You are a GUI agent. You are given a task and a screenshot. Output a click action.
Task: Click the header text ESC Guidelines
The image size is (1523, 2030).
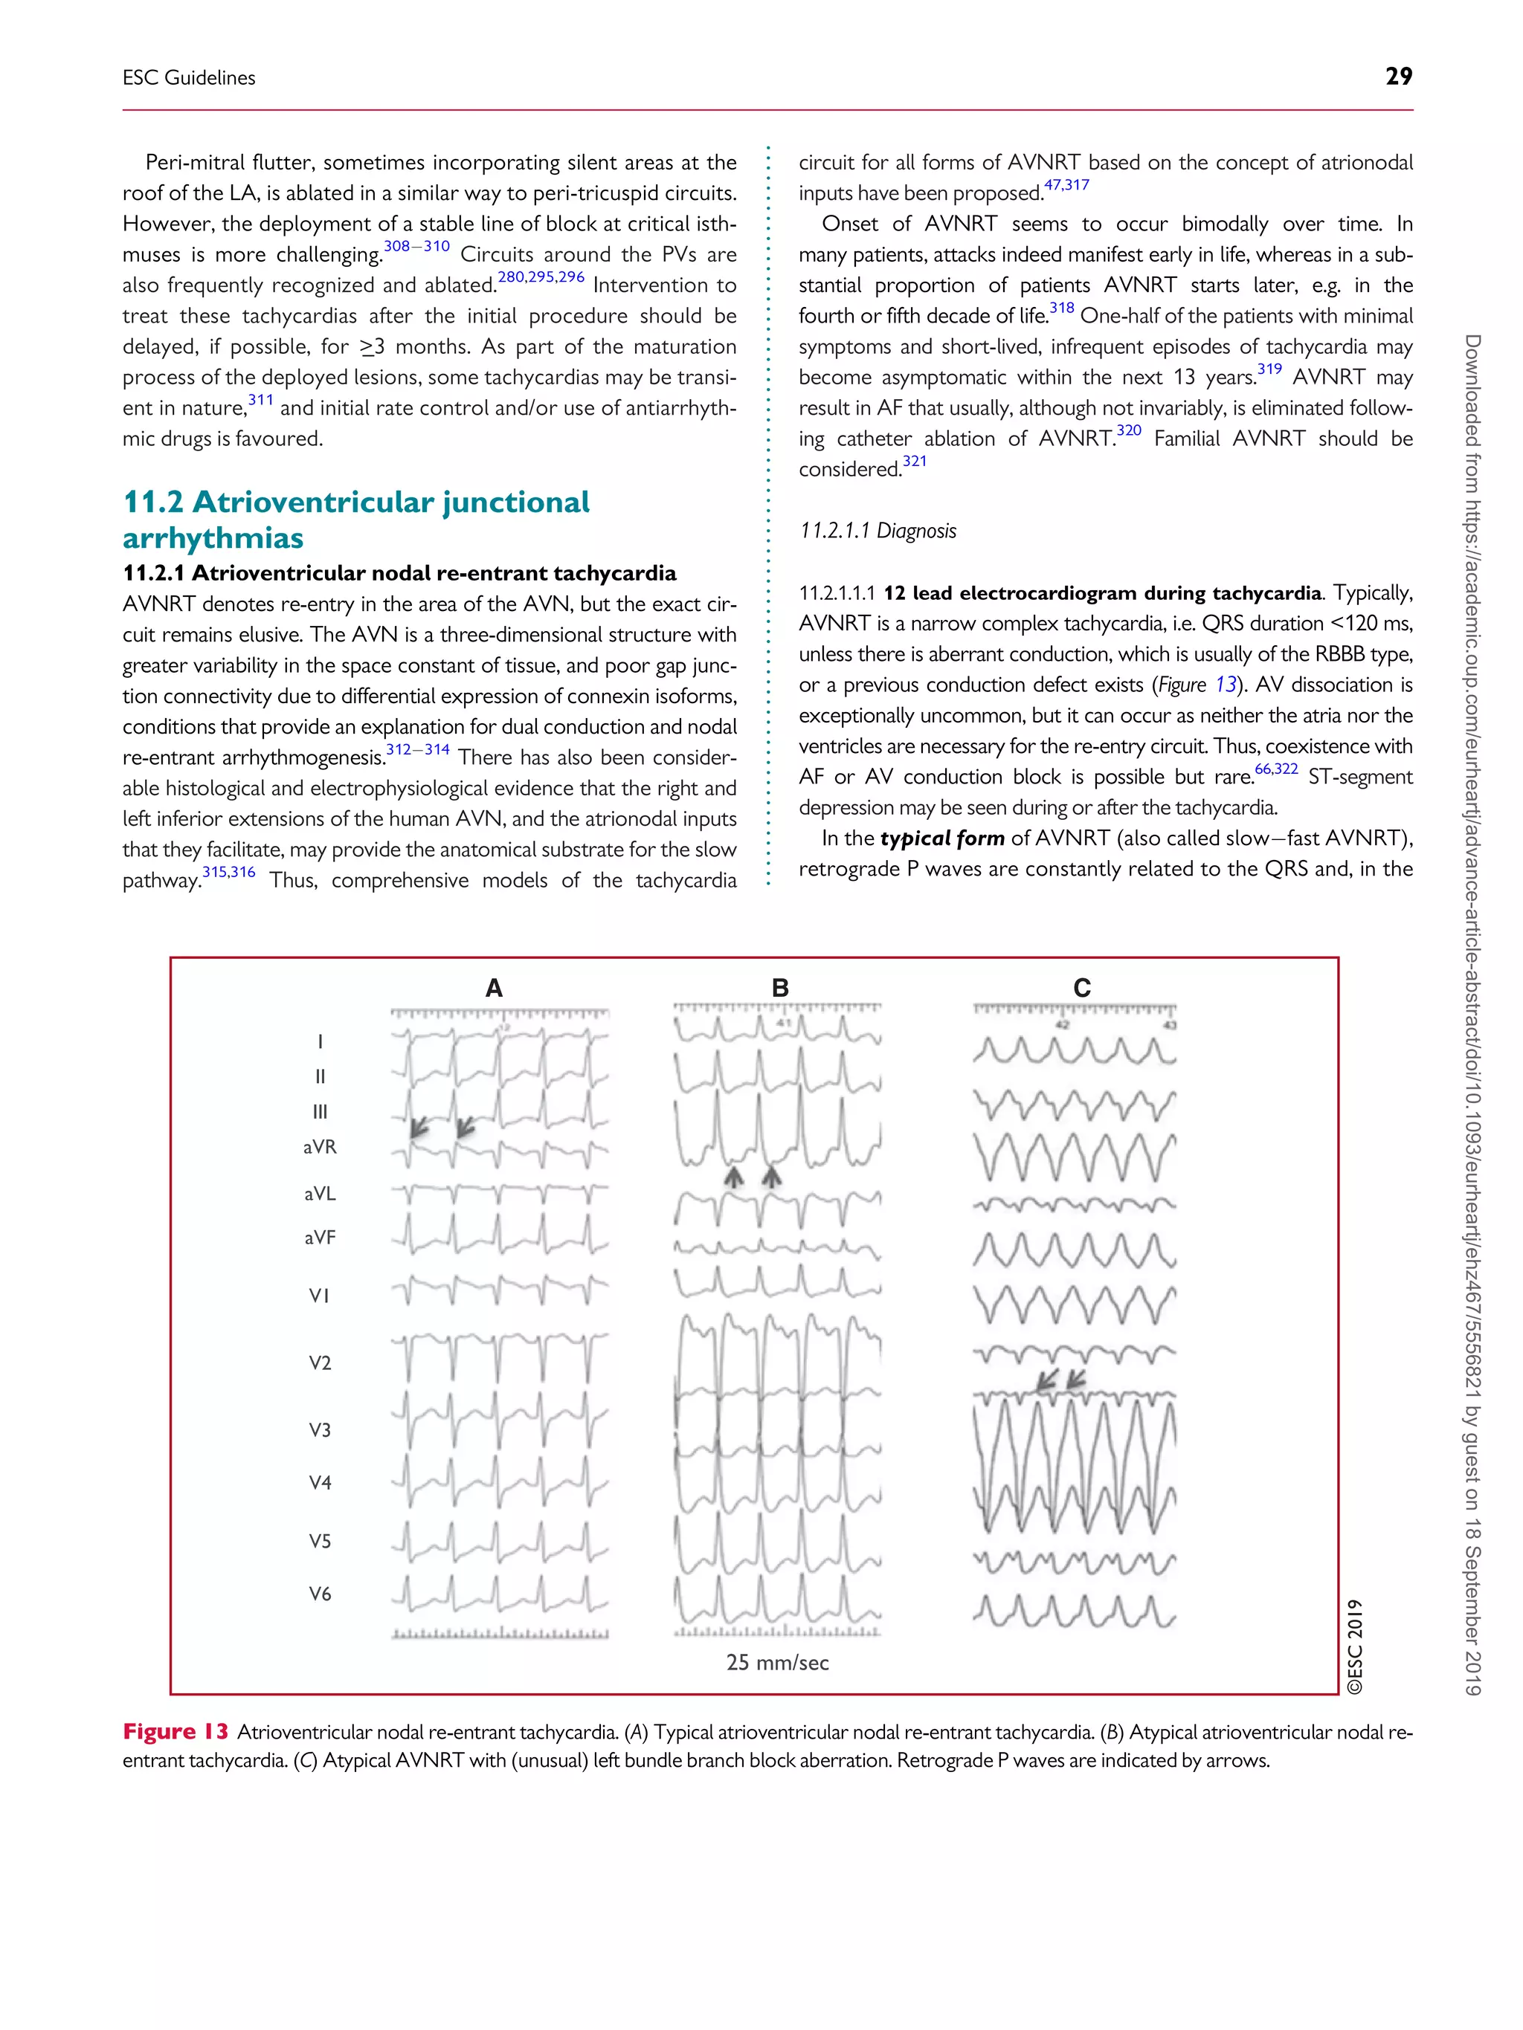pyautogui.click(x=189, y=78)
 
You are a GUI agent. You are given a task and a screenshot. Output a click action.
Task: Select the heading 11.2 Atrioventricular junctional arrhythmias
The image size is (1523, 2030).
pyautogui.click(x=356, y=520)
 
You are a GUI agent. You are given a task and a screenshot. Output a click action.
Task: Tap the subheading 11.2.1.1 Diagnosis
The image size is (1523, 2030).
pyautogui.click(x=878, y=531)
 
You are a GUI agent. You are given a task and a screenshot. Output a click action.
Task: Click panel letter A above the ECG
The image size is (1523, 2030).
pyautogui.click(x=494, y=989)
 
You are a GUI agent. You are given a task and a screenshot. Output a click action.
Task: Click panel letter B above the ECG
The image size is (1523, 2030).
pyautogui.click(x=780, y=989)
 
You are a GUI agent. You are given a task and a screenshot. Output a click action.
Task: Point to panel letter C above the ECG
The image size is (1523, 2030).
pyautogui.click(x=1082, y=989)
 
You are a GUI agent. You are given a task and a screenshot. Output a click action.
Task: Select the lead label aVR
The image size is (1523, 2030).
pyautogui.click(x=320, y=1147)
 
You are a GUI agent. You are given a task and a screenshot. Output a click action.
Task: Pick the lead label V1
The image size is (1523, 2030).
pyautogui.click(x=320, y=1296)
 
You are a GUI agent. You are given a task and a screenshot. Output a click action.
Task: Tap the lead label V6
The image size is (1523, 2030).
pyautogui.click(x=320, y=1594)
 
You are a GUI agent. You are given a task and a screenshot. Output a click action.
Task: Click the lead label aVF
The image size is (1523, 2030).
pyautogui.click(x=320, y=1237)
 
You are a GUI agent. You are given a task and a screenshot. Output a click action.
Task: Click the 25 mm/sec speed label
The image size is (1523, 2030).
pyautogui.click(x=778, y=1663)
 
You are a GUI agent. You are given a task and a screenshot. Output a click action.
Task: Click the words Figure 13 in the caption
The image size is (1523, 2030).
pyautogui.click(x=176, y=1732)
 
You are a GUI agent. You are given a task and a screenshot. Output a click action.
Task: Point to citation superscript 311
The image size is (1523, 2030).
pyautogui.click(x=261, y=400)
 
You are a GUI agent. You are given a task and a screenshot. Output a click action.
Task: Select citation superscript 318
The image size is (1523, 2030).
pyautogui.click(x=1061, y=308)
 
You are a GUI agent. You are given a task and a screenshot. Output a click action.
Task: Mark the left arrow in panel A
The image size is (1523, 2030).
pyautogui.click(x=419, y=1127)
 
